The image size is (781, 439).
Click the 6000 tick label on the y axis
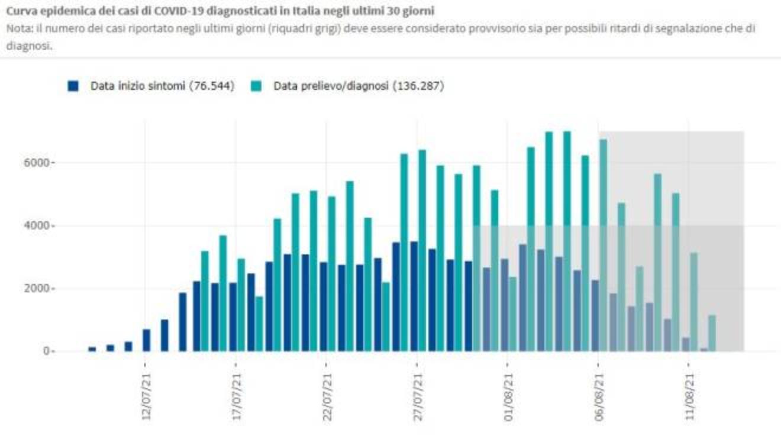click(x=43, y=163)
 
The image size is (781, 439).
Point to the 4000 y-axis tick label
click(x=43, y=226)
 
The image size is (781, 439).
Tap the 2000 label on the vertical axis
click(x=43, y=289)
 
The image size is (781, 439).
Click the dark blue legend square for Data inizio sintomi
click(x=73, y=86)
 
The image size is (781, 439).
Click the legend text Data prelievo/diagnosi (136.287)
click(x=359, y=86)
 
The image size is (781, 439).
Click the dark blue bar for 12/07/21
click(x=146, y=340)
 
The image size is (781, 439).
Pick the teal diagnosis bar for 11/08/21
click(x=693, y=302)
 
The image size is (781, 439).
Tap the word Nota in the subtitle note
click(x=17, y=27)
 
